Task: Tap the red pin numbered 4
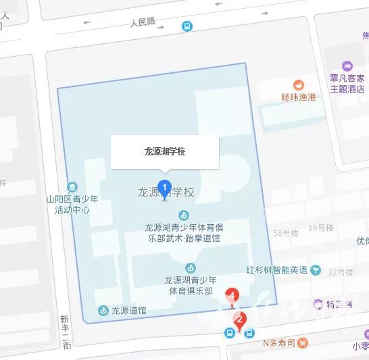(x=233, y=296)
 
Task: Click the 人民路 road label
(x=143, y=22)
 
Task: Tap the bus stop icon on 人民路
(x=186, y=26)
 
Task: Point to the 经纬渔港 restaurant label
(x=299, y=97)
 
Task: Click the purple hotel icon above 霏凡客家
(x=348, y=66)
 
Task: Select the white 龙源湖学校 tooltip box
(x=165, y=152)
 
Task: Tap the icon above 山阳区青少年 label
(x=72, y=186)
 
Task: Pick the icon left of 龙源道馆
(x=103, y=311)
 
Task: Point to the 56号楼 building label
(x=321, y=228)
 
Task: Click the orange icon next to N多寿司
(x=256, y=342)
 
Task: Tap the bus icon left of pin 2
(x=230, y=332)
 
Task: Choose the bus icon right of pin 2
(x=249, y=332)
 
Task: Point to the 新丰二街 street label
(x=66, y=332)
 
